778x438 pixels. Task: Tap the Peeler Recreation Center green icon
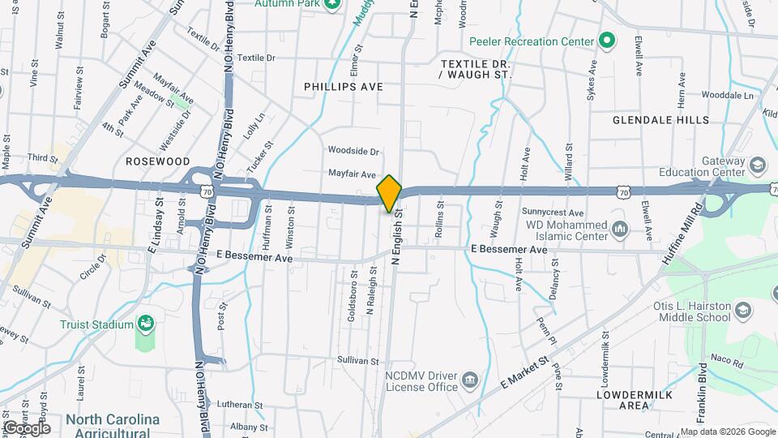[x=605, y=41]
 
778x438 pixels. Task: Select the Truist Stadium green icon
[x=146, y=324]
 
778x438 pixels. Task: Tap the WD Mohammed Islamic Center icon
[x=620, y=230]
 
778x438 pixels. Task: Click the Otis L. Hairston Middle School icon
[x=742, y=309]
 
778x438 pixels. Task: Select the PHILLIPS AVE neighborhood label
[x=343, y=86]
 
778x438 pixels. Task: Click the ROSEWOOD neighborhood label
[x=157, y=161]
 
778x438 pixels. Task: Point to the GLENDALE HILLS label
[x=660, y=120]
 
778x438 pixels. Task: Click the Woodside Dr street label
[x=353, y=151]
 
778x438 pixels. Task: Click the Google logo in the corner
[x=27, y=427]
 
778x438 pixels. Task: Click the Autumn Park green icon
[x=331, y=4]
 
